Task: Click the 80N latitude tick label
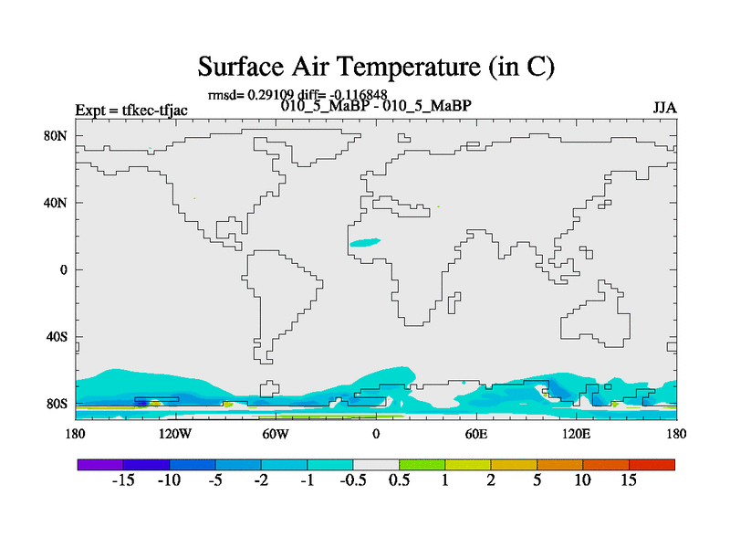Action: pos(56,136)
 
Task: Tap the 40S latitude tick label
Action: pos(57,337)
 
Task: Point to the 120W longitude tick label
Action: pos(175,435)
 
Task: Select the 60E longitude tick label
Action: pos(475,435)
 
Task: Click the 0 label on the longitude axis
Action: pos(376,435)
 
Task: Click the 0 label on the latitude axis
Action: pos(63,270)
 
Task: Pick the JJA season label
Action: pos(664,108)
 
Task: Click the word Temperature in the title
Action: pos(408,66)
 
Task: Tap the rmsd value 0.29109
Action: pos(270,95)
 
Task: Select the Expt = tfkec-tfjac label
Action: pos(131,111)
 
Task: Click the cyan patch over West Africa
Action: pos(365,242)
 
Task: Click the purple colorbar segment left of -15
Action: pos(100,465)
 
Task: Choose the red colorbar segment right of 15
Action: pos(652,465)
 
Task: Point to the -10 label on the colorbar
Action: pos(169,480)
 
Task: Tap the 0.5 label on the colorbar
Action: pos(399,480)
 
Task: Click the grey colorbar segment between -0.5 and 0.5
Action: pos(376,465)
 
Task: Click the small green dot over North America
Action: pos(194,198)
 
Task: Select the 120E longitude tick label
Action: pos(576,435)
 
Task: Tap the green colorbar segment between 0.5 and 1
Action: pos(422,465)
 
